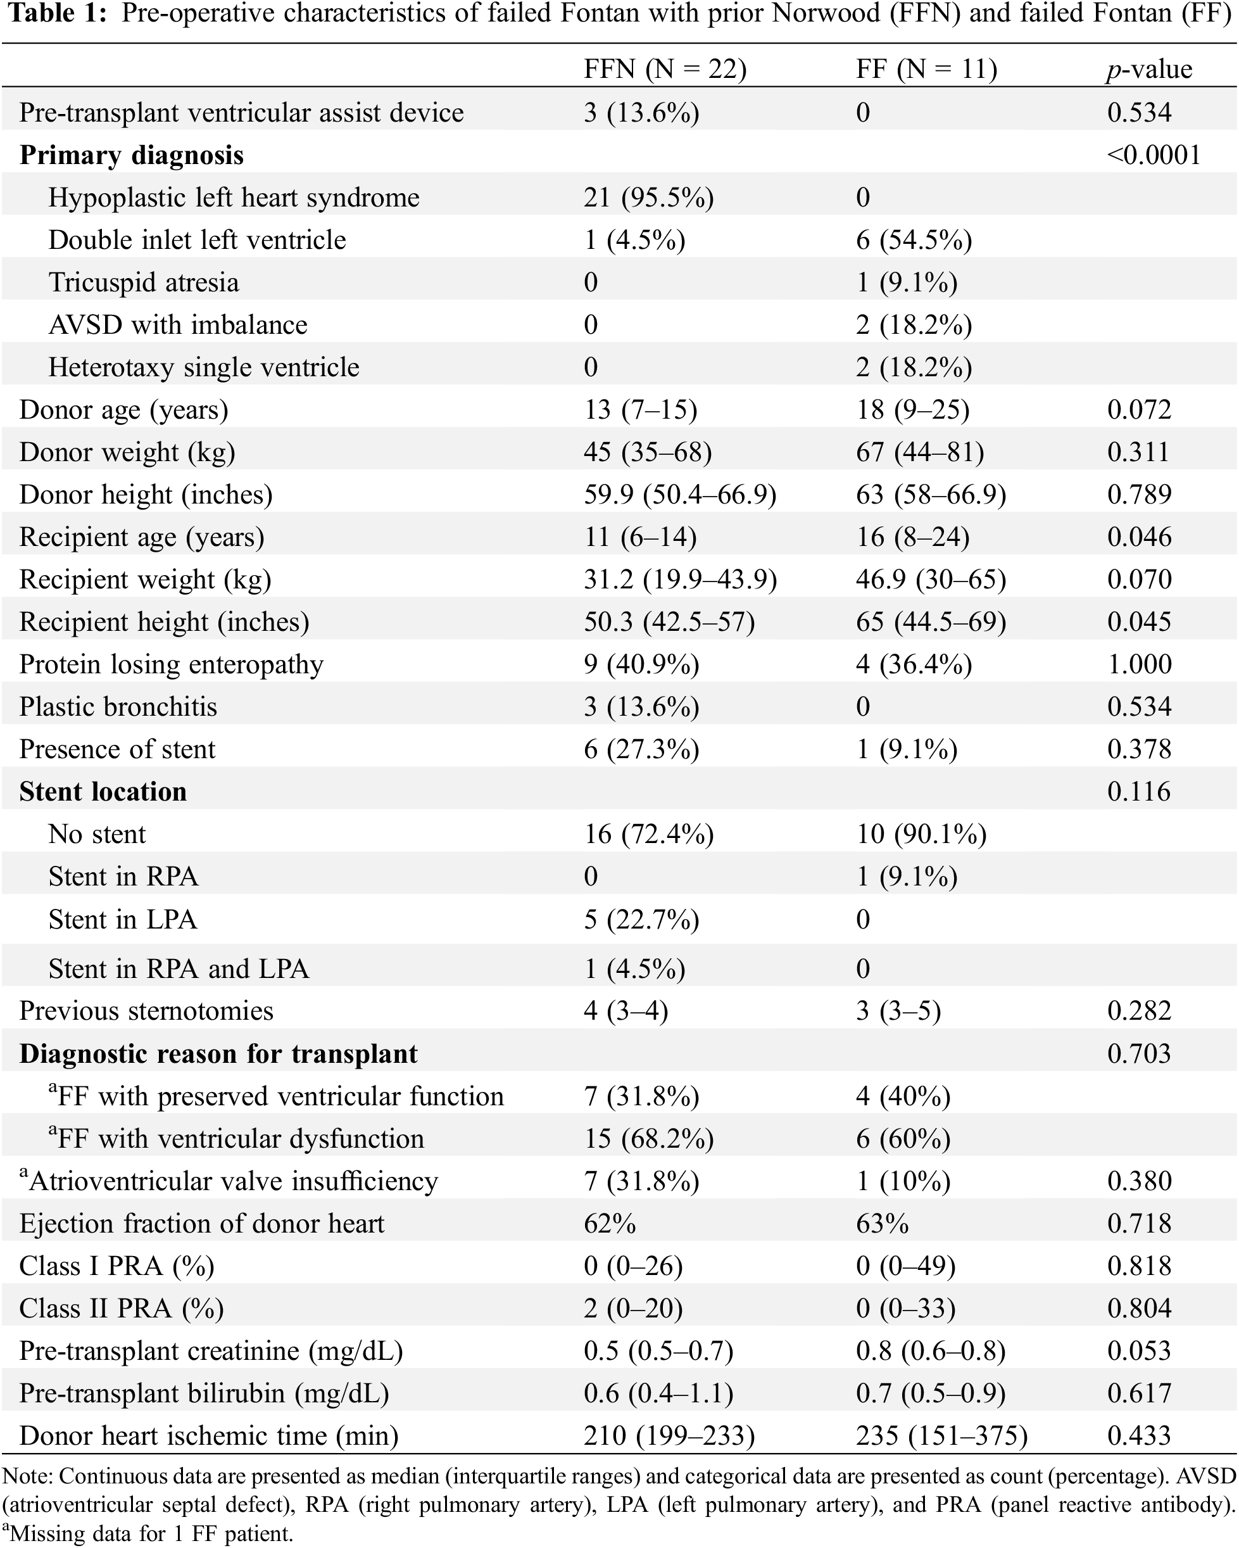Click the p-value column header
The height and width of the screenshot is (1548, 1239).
[1148, 70]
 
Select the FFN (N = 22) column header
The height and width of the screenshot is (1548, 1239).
[665, 70]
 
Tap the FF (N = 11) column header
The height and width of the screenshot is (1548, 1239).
[926, 70]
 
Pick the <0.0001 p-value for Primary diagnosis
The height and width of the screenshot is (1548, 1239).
[1154, 155]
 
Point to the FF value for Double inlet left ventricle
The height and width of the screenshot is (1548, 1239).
[914, 240]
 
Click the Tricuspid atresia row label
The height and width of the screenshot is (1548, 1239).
[144, 282]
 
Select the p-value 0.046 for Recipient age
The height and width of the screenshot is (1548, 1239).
[1139, 537]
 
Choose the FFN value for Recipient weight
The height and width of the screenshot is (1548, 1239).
[680, 580]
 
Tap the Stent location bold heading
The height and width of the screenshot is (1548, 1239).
[103, 791]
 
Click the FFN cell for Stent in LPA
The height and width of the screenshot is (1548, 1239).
[641, 920]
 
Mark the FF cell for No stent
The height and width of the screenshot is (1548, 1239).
[921, 834]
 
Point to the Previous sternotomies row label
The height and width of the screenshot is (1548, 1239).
[146, 1011]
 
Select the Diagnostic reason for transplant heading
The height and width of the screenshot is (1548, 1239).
[218, 1054]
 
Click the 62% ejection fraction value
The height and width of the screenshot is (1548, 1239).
[610, 1224]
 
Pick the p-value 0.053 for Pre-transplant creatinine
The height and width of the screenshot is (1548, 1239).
[1139, 1350]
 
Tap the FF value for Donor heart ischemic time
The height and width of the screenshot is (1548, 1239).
[941, 1435]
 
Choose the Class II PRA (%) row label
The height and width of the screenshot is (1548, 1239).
[122, 1308]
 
